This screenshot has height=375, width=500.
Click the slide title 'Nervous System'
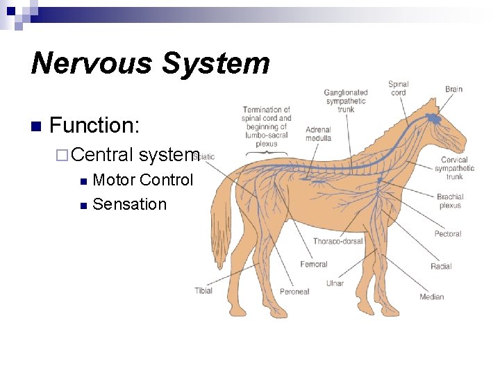coord(150,62)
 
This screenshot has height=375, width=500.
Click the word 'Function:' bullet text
coord(95,126)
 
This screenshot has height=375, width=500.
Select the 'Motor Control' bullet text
coord(142,180)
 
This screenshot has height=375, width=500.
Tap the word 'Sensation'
coord(130,204)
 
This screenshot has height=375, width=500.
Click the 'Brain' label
coord(453,89)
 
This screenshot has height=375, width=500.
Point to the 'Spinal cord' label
coord(399,88)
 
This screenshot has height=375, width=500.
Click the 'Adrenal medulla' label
coord(318,133)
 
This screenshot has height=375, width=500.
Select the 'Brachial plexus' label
coord(450,201)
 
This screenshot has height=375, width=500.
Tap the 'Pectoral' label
coord(448,234)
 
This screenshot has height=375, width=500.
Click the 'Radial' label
coord(441,266)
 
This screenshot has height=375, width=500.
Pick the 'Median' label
coord(431,297)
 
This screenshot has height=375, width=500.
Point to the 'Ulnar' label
coord(335,283)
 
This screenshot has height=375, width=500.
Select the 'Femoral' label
coord(314,265)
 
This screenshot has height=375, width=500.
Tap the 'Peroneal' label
coord(294,292)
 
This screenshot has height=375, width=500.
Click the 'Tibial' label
coord(203,290)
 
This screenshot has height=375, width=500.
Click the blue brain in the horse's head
coord(434,119)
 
